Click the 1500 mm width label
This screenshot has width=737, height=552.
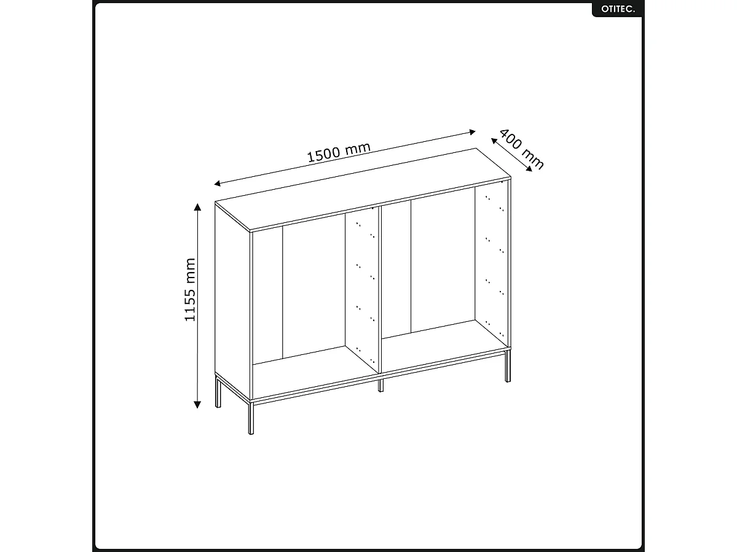click(339, 152)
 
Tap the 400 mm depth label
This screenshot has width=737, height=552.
click(521, 149)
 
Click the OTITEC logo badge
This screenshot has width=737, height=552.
click(617, 9)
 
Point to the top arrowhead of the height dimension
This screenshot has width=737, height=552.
click(197, 206)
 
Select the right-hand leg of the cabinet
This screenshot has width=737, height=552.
click(507, 367)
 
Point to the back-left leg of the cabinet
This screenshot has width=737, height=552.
click(217, 392)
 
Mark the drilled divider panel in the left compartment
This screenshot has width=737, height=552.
click(361, 289)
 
